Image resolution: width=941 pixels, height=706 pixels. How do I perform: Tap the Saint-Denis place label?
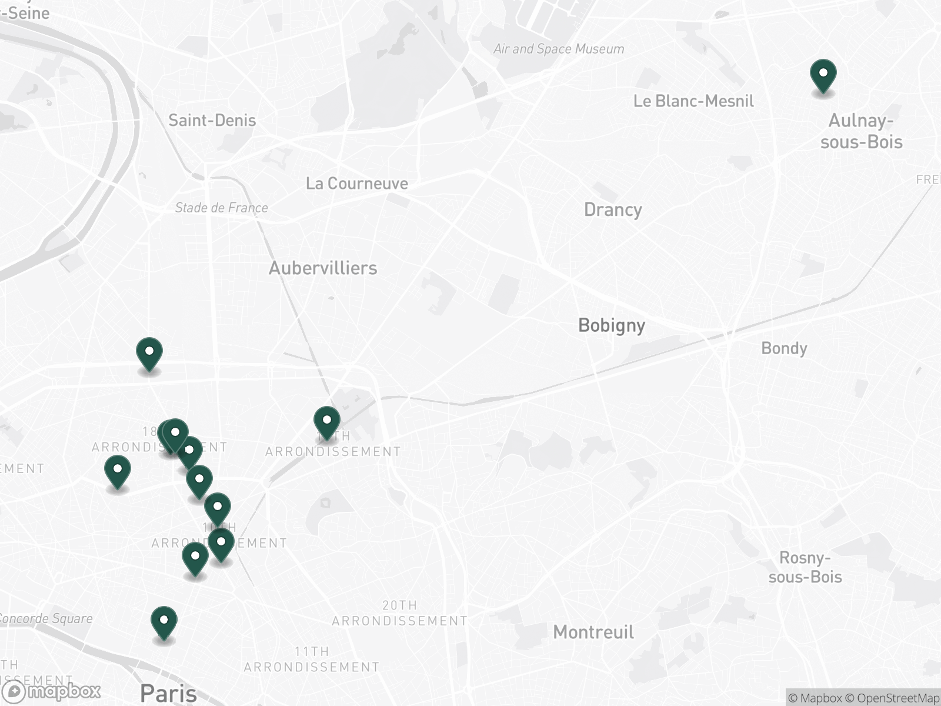click(212, 121)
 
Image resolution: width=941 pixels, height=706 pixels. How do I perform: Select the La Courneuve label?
click(356, 184)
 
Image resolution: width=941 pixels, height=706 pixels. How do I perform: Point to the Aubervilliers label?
click(323, 268)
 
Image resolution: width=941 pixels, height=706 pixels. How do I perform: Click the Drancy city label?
click(613, 210)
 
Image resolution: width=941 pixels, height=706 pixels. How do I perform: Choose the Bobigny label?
click(612, 325)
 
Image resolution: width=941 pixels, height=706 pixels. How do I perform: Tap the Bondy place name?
click(784, 348)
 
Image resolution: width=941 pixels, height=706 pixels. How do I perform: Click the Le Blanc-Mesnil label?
click(693, 101)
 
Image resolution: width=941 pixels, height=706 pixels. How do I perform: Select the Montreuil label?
click(593, 632)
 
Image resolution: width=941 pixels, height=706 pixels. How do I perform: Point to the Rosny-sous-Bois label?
click(805, 567)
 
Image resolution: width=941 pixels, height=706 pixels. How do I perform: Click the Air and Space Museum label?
click(559, 49)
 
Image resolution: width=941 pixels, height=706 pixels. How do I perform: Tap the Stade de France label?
click(221, 208)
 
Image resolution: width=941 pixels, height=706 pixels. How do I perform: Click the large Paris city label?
click(168, 693)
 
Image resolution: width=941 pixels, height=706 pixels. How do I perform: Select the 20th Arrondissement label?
click(400, 613)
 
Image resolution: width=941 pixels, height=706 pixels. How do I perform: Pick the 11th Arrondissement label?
click(312, 659)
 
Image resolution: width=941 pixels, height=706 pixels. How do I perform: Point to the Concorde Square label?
click(46, 618)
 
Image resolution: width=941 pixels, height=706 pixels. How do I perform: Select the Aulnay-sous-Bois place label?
click(861, 131)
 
